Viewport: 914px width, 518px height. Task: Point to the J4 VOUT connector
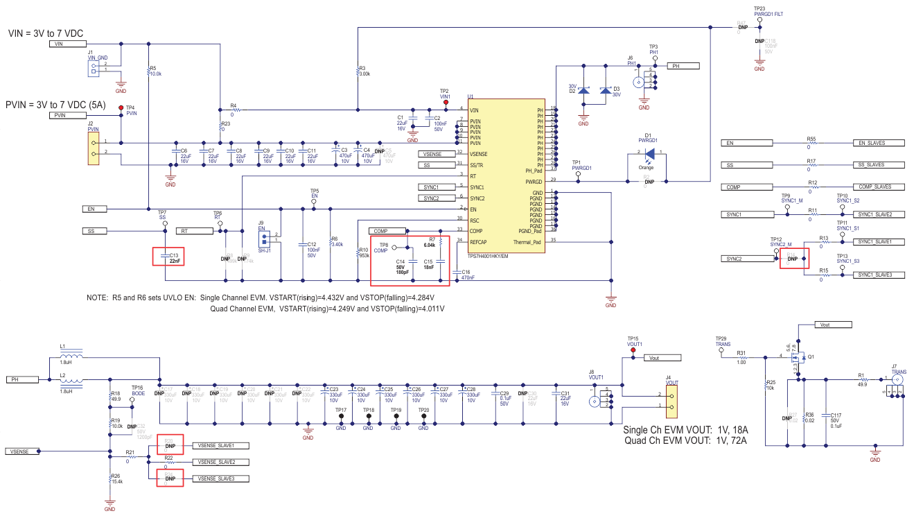point(671,400)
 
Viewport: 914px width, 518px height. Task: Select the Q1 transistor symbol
point(799,359)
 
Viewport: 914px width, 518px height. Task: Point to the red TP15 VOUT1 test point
point(633,351)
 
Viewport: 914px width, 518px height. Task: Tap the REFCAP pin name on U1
point(479,242)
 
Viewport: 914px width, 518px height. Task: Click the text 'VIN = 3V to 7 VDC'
point(54,33)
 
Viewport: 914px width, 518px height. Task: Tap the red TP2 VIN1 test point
point(446,103)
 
